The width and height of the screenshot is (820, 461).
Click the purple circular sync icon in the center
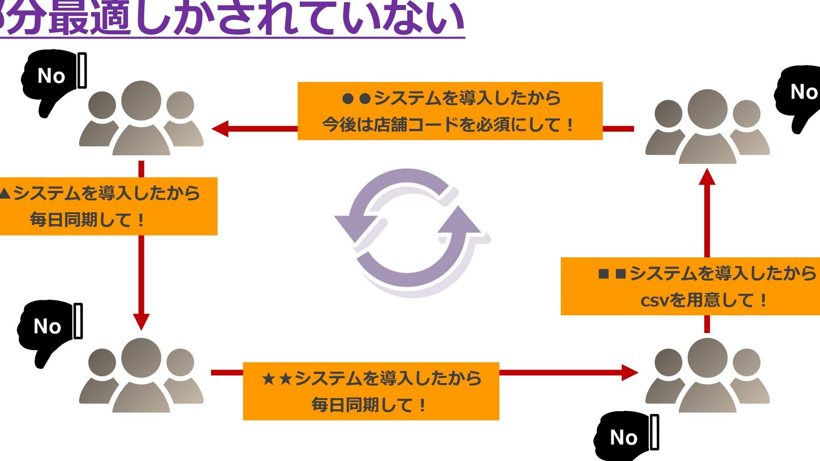tap(410, 232)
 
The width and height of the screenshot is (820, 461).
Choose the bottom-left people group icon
tap(141, 376)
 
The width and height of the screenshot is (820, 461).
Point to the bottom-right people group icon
tap(707, 376)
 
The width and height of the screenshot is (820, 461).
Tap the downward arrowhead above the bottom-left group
tap(141, 321)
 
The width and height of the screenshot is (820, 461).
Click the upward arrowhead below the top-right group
tap(707, 177)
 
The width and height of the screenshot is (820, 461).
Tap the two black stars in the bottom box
tap(277, 379)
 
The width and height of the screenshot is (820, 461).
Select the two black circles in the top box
tap(356, 98)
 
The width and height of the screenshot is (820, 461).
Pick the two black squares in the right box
tap(612, 274)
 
